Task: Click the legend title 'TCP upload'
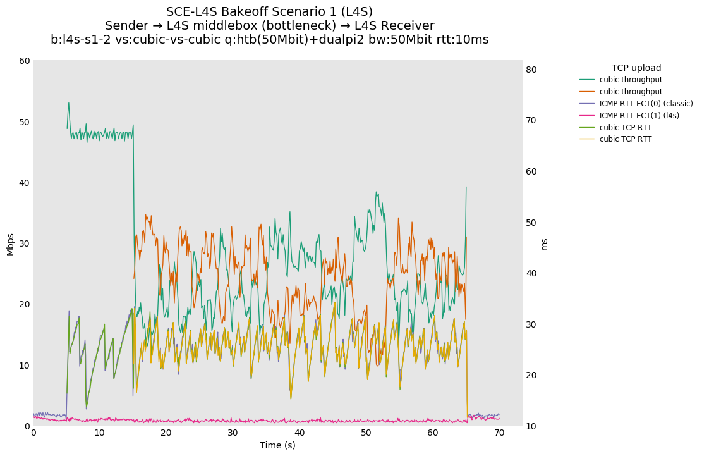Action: click(636, 68)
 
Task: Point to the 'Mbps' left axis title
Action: click(10, 243)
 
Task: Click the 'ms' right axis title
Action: click(545, 244)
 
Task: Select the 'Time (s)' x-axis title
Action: click(277, 445)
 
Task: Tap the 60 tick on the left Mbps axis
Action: click(24, 61)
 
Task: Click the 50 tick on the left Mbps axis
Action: click(24, 122)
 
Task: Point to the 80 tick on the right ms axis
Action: click(531, 70)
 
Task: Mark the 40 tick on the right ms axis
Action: click(531, 274)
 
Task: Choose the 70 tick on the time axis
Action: click(499, 433)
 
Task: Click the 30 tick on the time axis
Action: click(233, 433)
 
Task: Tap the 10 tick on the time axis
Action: click(100, 433)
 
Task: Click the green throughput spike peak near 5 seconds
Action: click(69, 103)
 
